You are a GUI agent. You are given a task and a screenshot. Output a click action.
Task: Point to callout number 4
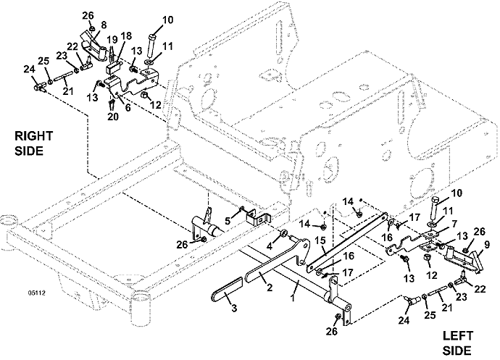271,246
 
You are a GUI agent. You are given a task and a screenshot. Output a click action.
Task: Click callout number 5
227,220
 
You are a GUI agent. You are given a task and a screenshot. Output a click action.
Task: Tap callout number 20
112,117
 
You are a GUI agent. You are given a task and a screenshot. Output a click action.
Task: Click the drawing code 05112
36,293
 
